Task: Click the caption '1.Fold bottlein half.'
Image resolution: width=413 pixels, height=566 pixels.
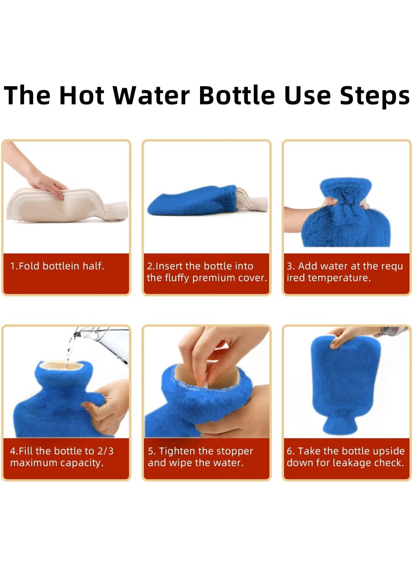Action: [57, 266]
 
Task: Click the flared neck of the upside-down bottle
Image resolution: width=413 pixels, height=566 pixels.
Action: [339, 425]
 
